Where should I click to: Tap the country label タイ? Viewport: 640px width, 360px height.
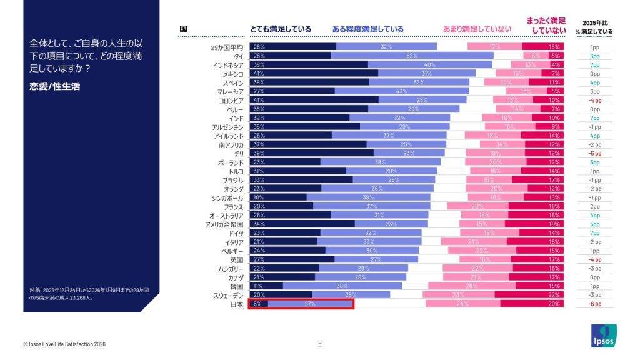pyautogui.click(x=239, y=56)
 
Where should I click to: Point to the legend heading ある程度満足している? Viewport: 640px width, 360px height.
pyautogui.click(x=367, y=29)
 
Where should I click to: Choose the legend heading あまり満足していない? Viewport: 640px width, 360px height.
pyautogui.click(x=477, y=29)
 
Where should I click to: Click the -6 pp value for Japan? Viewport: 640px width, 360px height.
pyautogui.click(x=595, y=304)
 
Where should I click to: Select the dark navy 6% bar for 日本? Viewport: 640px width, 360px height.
pyautogui.click(x=259, y=304)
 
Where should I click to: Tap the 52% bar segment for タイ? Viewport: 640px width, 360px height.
pyautogui.click(x=412, y=56)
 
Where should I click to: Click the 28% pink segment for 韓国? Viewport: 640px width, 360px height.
pyautogui.click(x=471, y=286)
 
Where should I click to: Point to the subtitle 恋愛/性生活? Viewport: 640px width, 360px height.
pyautogui.click(x=54, y=86)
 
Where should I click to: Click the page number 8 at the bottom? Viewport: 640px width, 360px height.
pyautogui.click(x=320, y=343)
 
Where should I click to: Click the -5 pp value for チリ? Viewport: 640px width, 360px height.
pyautogui.click(x=595, y=153)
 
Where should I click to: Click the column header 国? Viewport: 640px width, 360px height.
pyautogui.click(x=183, y=29)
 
